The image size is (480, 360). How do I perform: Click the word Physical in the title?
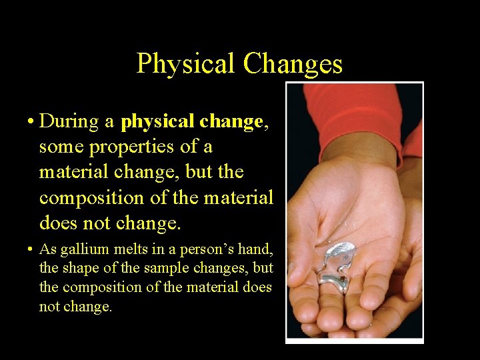(x=186, y=64)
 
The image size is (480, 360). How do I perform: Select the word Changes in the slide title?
(x=293, y=64)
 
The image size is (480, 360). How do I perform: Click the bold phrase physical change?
(x=192, y=122)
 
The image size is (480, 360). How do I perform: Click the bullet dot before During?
(x=31, y=122)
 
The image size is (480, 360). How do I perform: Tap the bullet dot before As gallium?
(x=31, y=251)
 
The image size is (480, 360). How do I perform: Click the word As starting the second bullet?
(x=47, y=250)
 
